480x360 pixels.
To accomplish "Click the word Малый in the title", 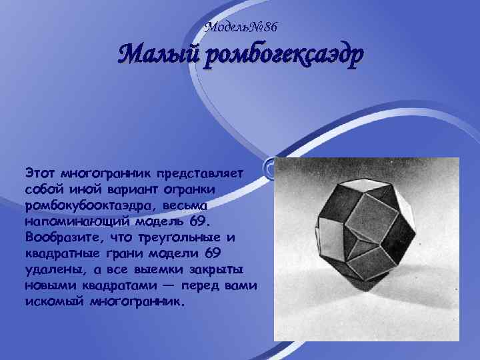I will [x=157, y=55].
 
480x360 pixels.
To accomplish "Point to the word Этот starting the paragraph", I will [x=40, y=173].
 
